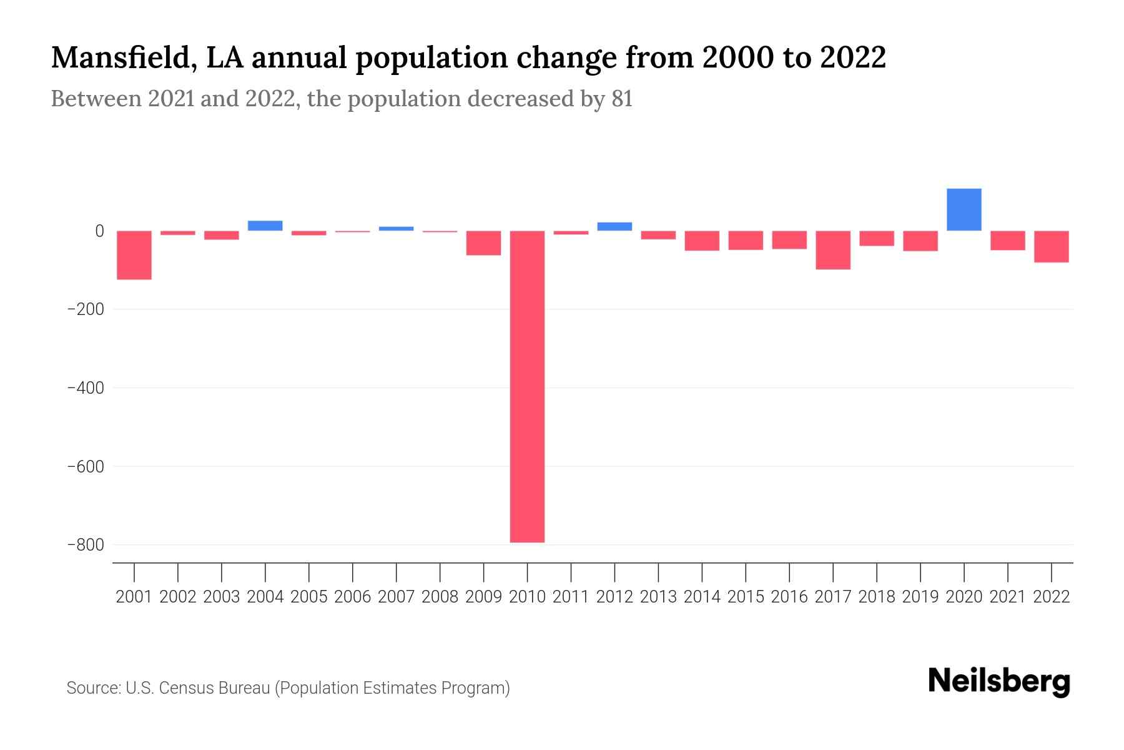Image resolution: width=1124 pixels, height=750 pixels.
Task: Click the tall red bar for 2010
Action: point(527,386)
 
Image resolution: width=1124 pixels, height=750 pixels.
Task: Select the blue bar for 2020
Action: point(964,209)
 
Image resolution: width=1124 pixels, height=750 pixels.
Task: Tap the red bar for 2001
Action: point(134,255)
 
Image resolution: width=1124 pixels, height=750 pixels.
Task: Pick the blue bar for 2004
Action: point(265,226)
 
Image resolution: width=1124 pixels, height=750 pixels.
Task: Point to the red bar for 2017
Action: point(832,250)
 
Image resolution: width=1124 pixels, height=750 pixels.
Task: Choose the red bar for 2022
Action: point(1051,246)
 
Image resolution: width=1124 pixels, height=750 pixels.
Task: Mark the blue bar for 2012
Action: point(614,226)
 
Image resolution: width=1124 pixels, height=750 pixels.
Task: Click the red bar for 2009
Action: point(483,243)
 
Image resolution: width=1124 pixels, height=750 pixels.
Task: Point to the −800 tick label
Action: point(85,545)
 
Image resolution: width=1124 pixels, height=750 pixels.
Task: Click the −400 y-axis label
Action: point(85,388)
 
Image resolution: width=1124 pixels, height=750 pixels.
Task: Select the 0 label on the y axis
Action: point(99,231)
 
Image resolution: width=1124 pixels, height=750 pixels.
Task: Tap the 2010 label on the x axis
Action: point(527,597)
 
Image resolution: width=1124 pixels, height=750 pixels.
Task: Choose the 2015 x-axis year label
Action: point(746,597)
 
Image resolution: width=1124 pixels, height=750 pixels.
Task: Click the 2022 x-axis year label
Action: point(1052,597)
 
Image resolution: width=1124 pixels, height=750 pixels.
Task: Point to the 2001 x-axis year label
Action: point(134,597)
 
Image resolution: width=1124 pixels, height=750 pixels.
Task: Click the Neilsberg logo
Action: point(999,681)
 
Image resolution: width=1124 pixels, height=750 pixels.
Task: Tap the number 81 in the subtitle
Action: point(622,99)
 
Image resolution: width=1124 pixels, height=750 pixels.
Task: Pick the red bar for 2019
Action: point(920,241)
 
